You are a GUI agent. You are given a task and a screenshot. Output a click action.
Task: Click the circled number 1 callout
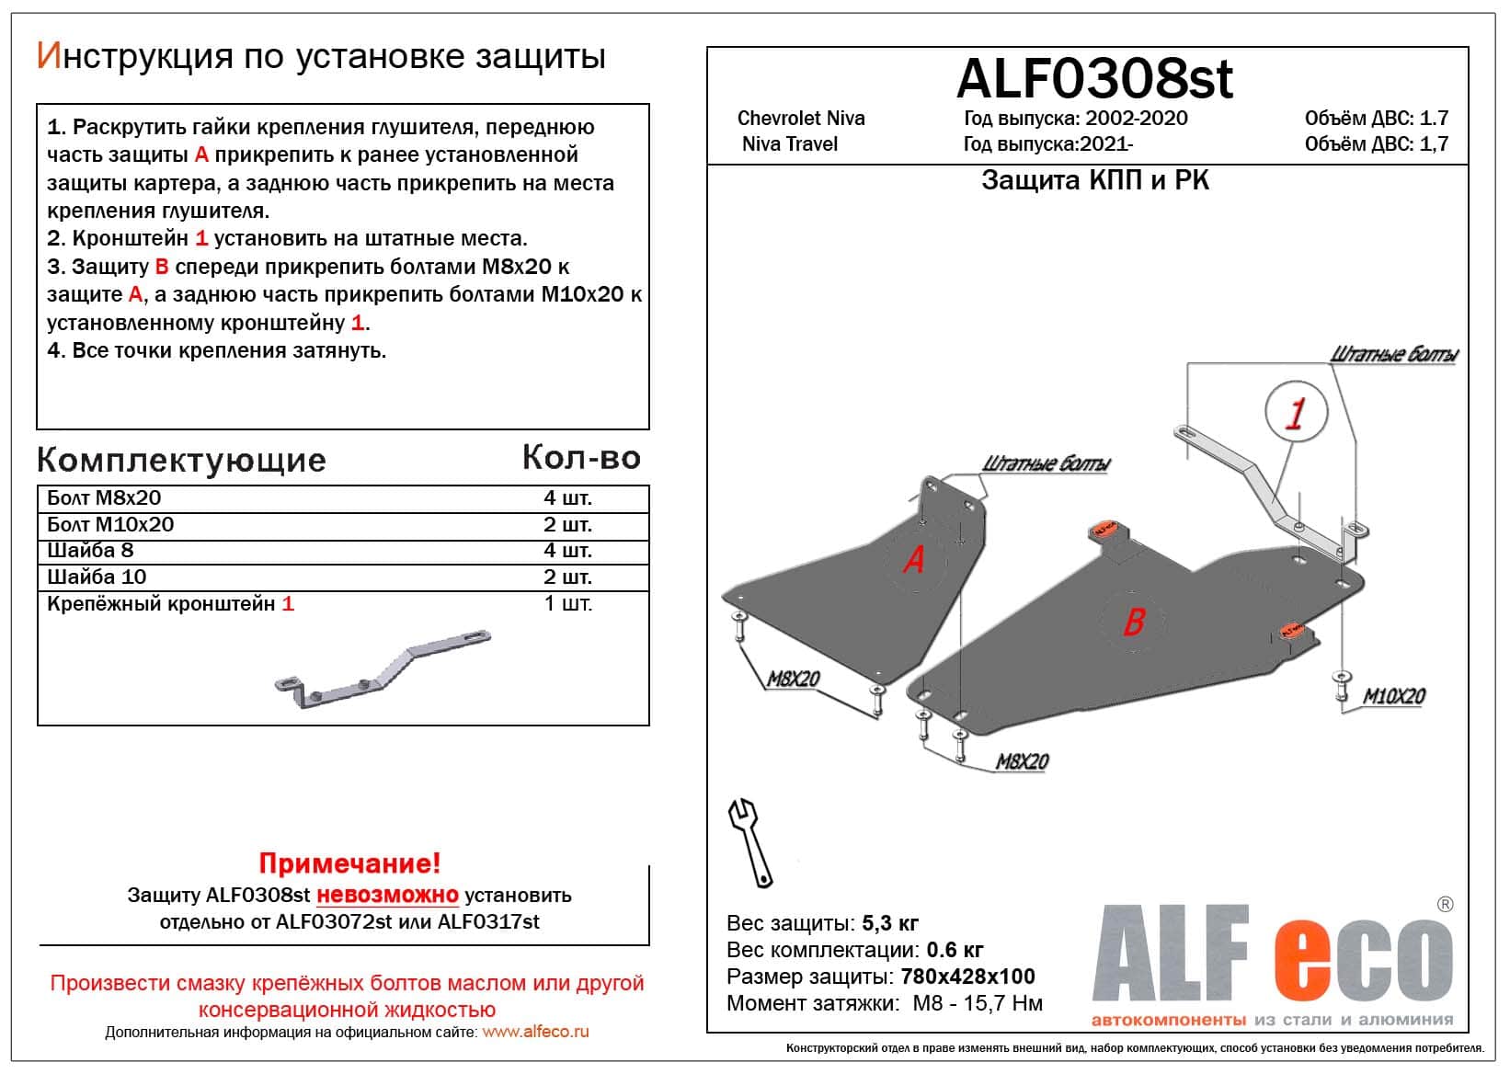[x=1295, y=413]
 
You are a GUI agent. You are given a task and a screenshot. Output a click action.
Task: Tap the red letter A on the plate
[x=913, y=559]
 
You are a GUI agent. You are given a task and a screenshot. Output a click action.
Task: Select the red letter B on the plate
[x=1133, y=623]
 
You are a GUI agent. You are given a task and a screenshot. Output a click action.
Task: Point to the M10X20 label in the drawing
[x=1393, y=697]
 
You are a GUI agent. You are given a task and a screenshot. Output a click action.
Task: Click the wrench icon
[x=750, y=841]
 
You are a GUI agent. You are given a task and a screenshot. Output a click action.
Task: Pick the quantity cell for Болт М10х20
[x=567, y=524]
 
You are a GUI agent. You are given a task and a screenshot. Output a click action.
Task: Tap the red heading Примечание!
[x=349, y=863]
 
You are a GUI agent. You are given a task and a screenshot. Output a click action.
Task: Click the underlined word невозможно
[x=387, y=895]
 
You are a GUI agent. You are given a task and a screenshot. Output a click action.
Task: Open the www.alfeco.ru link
[x=535, y=1032]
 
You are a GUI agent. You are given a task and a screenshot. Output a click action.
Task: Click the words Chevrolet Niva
[x=801, y=119]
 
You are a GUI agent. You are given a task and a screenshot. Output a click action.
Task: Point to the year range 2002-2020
[x=1136, y=119]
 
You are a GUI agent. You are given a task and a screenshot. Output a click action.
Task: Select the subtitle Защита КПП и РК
[x=1094, y=180]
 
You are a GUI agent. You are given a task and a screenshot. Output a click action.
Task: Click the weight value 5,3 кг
[x=889, y=923]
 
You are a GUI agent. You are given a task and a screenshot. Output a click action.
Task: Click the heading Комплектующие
[x=181, y=460]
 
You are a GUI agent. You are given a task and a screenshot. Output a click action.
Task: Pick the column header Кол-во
[x=580, y=457]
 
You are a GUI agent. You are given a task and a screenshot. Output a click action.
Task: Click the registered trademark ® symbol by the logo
[x=1444, y=905]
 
